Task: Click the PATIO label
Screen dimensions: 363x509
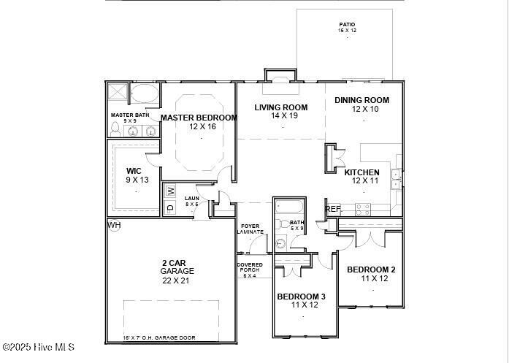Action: point(346,24)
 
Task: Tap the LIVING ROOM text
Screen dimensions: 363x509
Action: point(280,107)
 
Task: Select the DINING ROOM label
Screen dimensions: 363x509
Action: point(361,100)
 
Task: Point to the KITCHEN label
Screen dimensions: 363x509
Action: point(361,172)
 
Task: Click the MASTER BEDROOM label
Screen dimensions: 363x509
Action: point(199,118)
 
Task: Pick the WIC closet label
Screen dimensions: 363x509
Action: point(134,171)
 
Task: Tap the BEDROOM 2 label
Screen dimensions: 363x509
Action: point(371,269)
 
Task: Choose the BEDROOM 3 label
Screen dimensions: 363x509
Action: point(301,296)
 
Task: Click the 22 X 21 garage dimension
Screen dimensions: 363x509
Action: point(177,280)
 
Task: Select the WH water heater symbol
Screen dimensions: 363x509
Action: point(114,225)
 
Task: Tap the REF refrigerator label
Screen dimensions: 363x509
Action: point(333,209)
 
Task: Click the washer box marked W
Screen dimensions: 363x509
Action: point(170,191)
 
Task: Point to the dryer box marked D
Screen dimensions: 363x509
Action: point(170,208)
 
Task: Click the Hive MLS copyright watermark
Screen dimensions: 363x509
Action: point(38,347)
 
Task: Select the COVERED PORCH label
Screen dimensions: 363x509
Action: point(250,270)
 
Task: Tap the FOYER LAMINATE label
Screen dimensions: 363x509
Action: point(251,229)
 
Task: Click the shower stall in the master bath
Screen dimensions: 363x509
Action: point(118,93)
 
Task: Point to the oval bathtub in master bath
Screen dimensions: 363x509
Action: point(145,93)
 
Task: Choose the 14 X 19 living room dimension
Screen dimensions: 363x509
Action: point(280,116)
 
